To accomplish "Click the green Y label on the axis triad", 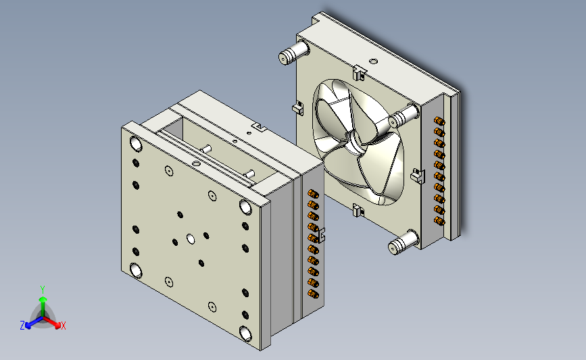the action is coord(42,290).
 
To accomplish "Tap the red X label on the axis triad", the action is coord(63,326).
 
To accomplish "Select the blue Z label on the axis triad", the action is coord(22,326).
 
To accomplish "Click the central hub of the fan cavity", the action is coord(354,144).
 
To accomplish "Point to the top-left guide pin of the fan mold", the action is coord(294,53).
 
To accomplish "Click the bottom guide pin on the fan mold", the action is coord(404,242).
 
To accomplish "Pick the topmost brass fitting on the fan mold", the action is coord(439,121).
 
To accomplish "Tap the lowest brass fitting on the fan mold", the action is coord(439,221).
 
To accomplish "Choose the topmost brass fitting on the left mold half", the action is coord(313,194).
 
